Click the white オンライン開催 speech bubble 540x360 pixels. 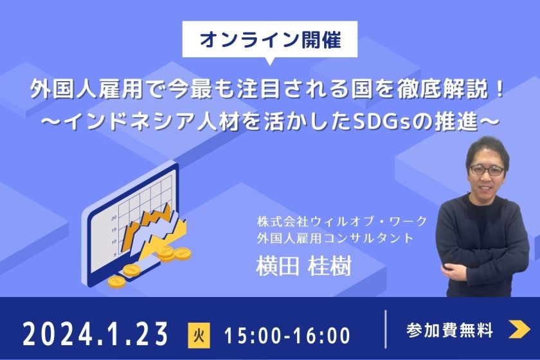269,40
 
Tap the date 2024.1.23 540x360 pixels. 95,334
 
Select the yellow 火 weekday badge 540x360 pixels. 199,335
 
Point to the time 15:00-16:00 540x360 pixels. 287,335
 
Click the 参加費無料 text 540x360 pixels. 449,330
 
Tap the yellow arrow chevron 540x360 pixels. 519,329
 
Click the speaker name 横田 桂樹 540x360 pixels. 303,266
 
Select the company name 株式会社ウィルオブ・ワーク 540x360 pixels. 342,221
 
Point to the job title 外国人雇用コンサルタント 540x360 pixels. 335,238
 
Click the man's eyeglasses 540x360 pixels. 487,170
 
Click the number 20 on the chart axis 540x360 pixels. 114,218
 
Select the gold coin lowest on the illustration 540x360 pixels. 117,282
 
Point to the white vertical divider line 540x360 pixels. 385,329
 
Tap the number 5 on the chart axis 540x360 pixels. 114,254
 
